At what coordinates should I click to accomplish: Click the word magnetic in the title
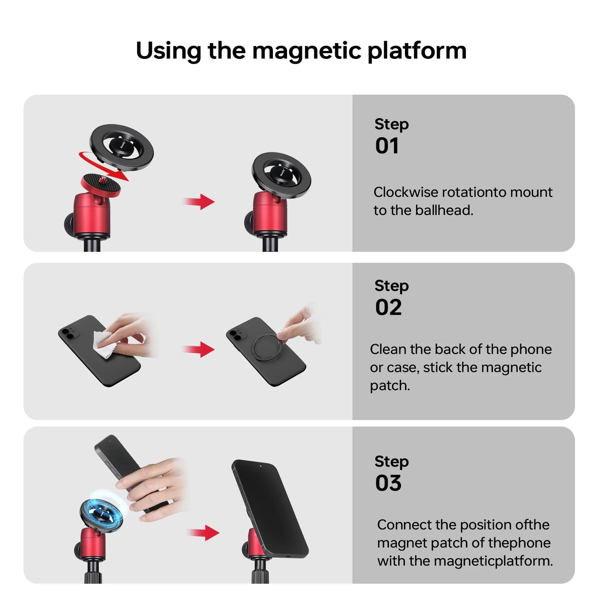point(306,51)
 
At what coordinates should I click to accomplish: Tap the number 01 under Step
point(387,146)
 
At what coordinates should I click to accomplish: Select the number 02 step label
point(388,308)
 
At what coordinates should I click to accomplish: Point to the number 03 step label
point(388,483)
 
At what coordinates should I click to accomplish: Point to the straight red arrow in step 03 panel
point(204,532)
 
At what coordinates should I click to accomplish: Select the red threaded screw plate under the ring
point(101,184)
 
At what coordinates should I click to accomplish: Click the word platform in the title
point(417,51)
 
